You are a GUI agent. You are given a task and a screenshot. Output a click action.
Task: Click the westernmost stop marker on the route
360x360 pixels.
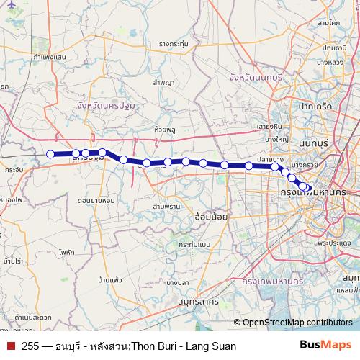click(x=50, y=153)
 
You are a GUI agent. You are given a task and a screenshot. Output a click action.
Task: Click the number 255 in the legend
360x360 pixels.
click(x=30, y=346)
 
